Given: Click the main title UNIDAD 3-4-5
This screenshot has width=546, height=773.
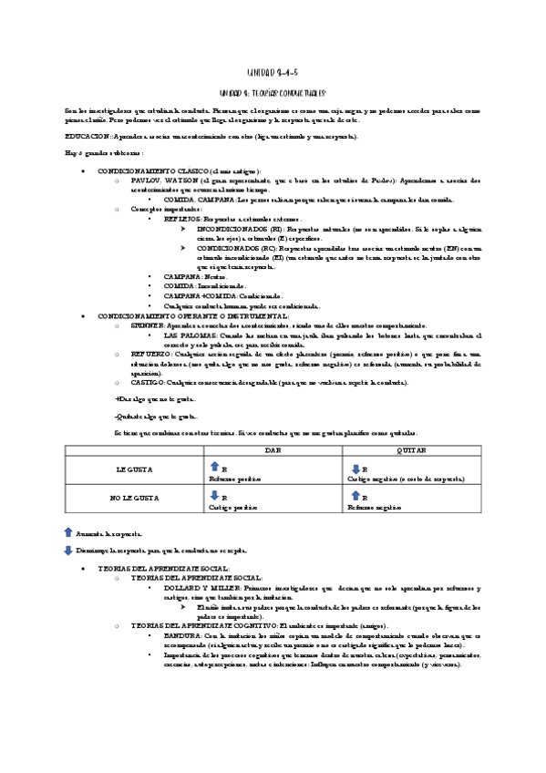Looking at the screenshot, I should pyautogui.click(x=273, y=72).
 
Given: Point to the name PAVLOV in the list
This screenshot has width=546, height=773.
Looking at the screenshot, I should pyautogui.click(x=145, y=180).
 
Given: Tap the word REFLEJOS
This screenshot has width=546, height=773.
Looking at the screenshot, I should pyautogui.click(x=180, y=220).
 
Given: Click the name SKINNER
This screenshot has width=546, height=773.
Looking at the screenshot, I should pyautogui.click(x=147, y=325).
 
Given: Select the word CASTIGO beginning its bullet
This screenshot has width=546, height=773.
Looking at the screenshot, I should pyautogui.click(x=148, y=384).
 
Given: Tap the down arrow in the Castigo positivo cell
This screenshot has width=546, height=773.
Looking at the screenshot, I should pyautogui.click(x=214, y=495).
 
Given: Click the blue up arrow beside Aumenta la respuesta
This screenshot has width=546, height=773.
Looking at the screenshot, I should pyautogui.click(x=68, y=531).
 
